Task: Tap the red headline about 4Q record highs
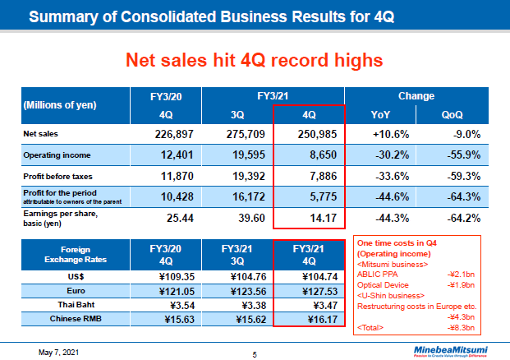(x=254, y=60)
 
